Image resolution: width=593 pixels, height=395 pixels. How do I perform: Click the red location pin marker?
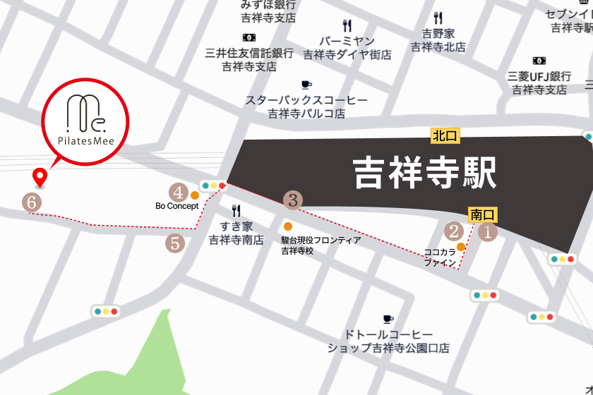coord(40,177)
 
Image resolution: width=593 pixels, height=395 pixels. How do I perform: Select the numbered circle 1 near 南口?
coord(488,231)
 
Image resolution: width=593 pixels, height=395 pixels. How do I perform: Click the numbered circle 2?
coord(453,230)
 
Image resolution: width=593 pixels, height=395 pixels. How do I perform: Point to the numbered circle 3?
coord(293,200)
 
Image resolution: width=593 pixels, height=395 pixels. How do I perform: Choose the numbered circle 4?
coord(179,191)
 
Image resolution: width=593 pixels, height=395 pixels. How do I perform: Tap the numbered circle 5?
coord(175,243)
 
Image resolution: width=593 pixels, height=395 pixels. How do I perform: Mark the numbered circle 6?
coord(31,202)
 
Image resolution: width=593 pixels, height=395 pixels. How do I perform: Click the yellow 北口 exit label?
coord(445,135)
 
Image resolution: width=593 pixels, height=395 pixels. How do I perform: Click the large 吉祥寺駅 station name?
coord(424,171)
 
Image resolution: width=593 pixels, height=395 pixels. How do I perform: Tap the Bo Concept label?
coord(177,207)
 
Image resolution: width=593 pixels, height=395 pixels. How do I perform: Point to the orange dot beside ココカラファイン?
coord(461,246)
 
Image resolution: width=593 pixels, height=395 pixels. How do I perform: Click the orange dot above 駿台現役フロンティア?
coord(287,226)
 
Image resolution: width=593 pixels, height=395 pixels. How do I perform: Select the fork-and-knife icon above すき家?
coord(236,210)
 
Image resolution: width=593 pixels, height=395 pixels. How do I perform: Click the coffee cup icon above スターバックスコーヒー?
coord(306,85)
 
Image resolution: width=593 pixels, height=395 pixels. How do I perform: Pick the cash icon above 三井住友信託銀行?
coord(248,37)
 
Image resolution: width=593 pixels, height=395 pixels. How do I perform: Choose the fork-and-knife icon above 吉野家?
coord(438,18)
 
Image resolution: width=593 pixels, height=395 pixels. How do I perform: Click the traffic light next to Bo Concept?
coord(213,186)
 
